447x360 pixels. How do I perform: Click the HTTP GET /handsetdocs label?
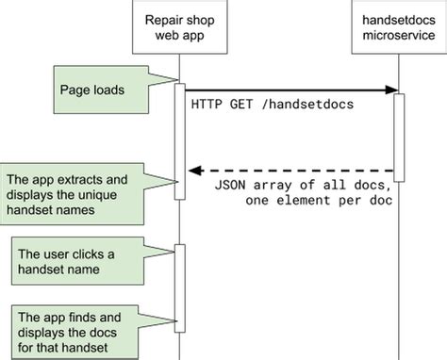point(272,105)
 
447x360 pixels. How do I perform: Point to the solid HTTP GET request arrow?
point(283,90)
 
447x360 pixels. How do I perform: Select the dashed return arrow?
point(292,171)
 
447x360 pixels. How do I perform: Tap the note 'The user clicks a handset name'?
point(76,261)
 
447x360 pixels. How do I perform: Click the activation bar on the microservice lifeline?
point(399,135)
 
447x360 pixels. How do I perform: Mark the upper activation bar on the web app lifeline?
point(179,141)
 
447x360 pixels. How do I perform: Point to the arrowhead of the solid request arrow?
point(388,90)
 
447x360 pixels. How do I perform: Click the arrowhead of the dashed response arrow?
point(195,171)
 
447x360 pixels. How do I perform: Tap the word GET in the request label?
point(240,105)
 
